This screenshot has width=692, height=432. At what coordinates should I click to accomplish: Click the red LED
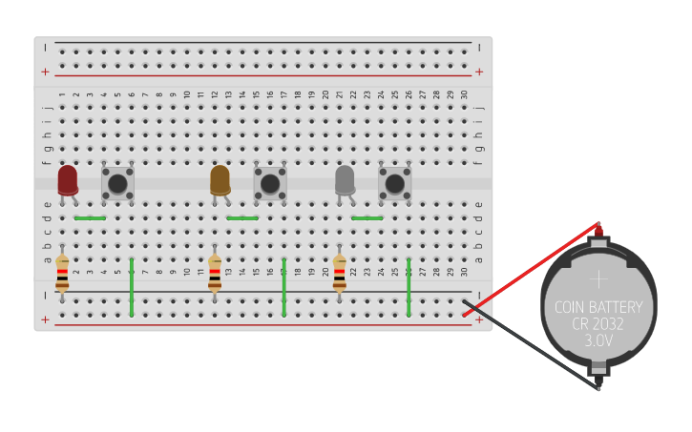click(68, 179)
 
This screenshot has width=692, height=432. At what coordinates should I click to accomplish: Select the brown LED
click(220, 179)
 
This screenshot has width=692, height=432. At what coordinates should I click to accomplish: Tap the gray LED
click(345, 179)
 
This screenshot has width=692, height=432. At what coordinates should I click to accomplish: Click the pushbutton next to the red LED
click(117, 183)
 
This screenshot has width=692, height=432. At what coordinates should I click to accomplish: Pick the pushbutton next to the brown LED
click(270, 183)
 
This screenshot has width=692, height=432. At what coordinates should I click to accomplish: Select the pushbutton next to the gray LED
click(394, 183)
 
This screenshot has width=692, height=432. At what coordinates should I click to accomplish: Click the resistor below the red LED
click(62, 273)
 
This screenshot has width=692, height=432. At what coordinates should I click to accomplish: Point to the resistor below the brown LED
click(215, 273)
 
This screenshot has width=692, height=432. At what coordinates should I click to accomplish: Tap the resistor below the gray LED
click(339, 273)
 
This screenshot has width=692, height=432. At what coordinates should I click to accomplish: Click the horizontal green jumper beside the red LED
click(90, 218)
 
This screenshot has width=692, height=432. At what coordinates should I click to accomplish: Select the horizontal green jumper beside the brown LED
click(242, 218)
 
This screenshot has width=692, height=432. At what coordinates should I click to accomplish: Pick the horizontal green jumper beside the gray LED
click(367, 218)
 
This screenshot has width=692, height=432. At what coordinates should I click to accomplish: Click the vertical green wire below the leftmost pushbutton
click(132, 286)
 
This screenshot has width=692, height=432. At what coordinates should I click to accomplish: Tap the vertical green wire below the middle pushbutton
click(283, 286)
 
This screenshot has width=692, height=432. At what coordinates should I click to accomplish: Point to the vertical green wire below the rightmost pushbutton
click(409, 286)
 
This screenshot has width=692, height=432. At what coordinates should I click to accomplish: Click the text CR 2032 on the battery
click(598, 324)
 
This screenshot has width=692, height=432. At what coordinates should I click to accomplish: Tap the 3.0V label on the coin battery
click(598, 340)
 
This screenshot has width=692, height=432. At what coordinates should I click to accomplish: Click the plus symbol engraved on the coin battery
click(598, 279)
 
